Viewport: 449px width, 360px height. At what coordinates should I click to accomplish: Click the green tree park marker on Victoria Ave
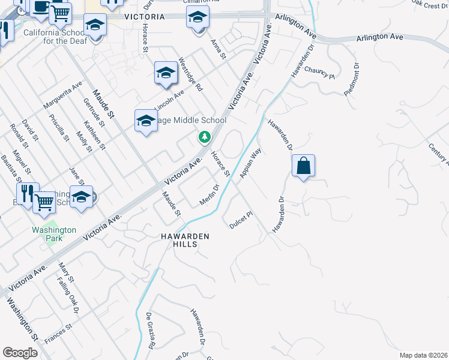(x=205, y=138)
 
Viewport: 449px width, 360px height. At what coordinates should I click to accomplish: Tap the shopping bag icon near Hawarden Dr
(x=304, y=165)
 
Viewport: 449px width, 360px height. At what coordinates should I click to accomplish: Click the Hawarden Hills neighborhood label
(x=185, y=240)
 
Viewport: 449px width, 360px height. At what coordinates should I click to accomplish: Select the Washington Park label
(x=55, y=234)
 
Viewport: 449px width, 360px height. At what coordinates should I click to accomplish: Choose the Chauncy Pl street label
(x=319, y=73)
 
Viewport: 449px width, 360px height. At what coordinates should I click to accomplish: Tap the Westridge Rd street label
(x=191, y=74)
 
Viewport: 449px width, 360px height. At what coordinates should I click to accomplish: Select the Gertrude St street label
(x=94, y=112)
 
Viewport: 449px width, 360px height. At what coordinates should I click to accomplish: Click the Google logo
(x=20, y=353)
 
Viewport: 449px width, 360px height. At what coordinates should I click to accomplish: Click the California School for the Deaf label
(x=56, y=37)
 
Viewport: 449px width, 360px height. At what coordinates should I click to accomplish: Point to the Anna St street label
(x=218, y=49)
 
